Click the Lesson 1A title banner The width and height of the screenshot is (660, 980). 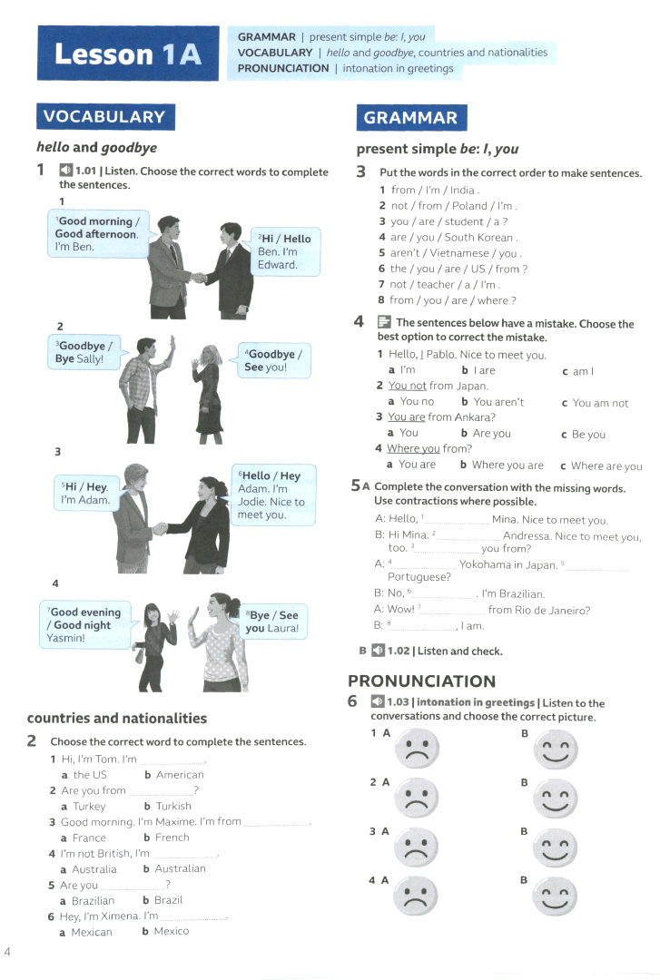(128, 54)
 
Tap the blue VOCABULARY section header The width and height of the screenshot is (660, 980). (104, 116)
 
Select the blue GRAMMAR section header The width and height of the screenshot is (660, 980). (410, 117)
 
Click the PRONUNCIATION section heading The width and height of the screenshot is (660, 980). (421, 681)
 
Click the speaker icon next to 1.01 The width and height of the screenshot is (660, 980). (65, 171)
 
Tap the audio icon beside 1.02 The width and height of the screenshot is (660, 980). (378, 651)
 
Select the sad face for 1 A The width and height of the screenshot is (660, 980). (416, 748)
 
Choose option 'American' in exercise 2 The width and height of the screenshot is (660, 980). (180, 775)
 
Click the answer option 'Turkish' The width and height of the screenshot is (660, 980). (172, 806)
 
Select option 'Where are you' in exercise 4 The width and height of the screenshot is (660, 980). (606, 465)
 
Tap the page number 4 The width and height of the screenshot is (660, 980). (7, 951)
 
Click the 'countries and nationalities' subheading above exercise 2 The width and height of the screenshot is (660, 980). (117, 718)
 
